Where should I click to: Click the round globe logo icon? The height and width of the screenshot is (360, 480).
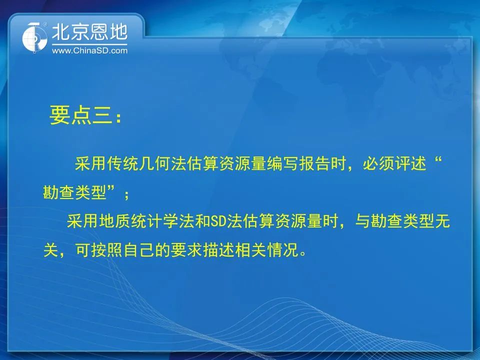point(34,37)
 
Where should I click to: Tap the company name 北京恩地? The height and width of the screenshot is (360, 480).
point(89,32)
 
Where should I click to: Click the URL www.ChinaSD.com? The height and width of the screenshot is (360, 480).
point(89,50)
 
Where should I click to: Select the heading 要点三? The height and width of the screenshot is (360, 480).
point(81,115)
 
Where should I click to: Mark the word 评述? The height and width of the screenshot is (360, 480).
point(410,163)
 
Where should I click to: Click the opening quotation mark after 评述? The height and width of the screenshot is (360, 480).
point(438,160)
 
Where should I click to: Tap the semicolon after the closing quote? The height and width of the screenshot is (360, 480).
point(126,194)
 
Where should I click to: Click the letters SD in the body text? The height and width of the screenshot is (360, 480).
point(218,221)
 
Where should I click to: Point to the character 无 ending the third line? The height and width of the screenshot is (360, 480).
point(442,221)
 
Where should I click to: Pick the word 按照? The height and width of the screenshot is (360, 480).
point(91,250)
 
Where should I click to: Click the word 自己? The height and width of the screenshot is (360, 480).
point(138,250)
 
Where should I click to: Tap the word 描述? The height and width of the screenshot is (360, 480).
point(218,250)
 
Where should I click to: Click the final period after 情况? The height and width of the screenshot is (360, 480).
point(303,254)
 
